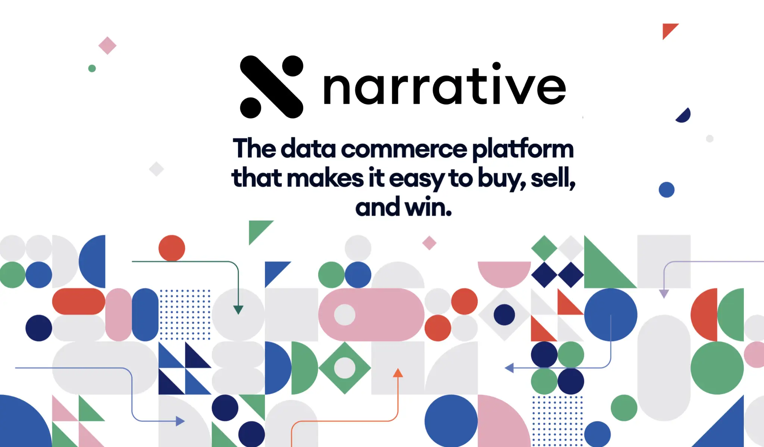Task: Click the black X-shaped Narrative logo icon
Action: point(272,87)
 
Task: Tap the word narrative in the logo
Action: point(445,84)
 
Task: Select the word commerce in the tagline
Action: point(404,149)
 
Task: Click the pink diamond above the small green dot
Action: point(107,46)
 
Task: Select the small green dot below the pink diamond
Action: point(92,68)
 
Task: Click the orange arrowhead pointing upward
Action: point(398,372)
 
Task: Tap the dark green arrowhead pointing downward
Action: point(238,310)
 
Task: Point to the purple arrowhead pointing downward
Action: point(664,294)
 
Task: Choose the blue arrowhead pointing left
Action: point(509,368)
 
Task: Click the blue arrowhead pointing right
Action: point(180,421)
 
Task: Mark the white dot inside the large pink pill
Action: point(345,315)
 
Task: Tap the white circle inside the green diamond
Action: point(345,368)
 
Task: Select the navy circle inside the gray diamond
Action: point(504,315)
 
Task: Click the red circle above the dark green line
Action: point(172,248)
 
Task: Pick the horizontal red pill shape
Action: point(79,301)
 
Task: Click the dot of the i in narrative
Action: point(496,66)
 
